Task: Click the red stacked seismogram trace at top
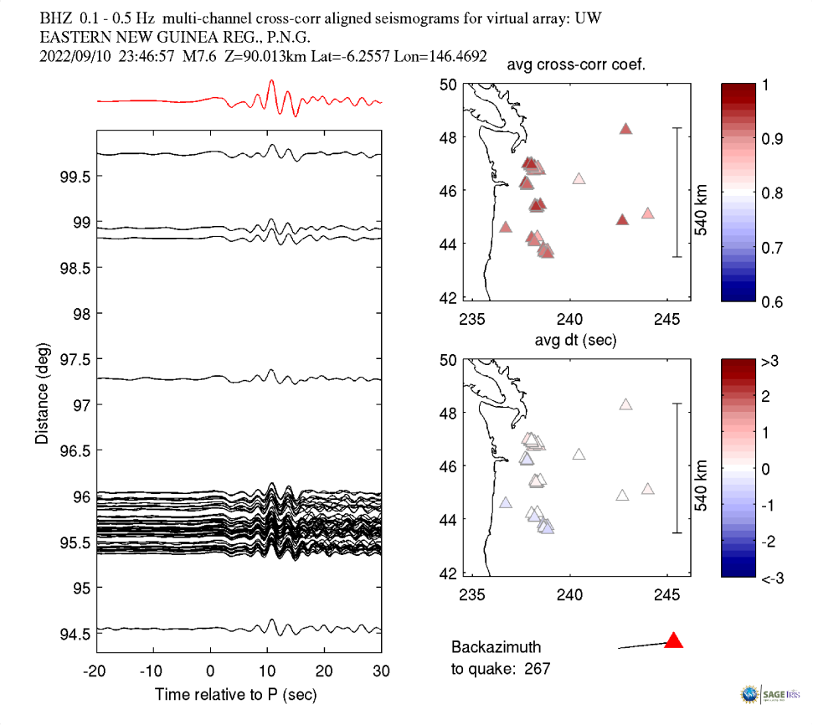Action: point(239,100)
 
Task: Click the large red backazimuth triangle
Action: point(674,641)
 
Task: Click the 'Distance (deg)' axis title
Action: point(42,393)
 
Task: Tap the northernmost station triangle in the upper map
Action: point(625,129)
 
